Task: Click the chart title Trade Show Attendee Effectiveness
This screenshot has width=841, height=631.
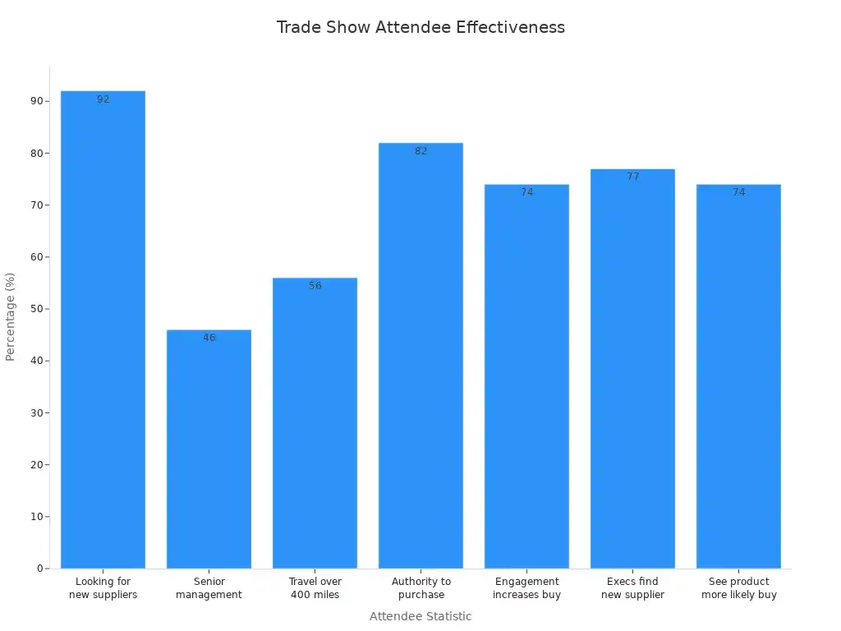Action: click(x=420, y=27)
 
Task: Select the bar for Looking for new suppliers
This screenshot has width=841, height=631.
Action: click(x=103, y=329)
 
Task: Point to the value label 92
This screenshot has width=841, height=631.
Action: click(x=103, y=99)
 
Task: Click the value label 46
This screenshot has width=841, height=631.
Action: click(x=209, y=338)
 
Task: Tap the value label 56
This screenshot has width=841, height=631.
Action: click(x=315, y=286)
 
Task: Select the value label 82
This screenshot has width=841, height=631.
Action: click(x=420, y=151)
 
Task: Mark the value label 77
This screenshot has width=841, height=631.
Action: click(x=632, y=177)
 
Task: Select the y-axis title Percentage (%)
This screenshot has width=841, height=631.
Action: click(x=11, y=317)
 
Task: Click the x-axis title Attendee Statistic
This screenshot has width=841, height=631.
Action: click(x=420, y=616)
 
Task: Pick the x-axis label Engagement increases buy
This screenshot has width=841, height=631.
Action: click(x=526, y=588)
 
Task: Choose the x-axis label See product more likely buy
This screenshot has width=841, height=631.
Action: click(x=738, y=588)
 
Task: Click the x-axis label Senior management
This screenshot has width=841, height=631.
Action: click(x=209, y=588)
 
